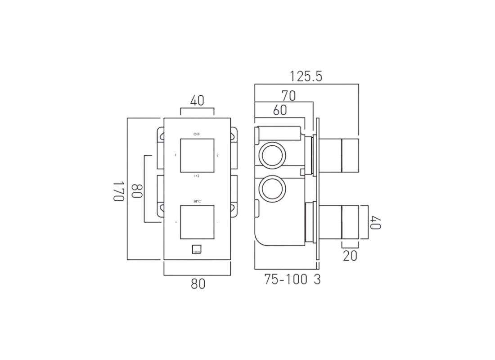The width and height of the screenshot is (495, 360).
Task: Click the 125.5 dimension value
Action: [x=306, y=76]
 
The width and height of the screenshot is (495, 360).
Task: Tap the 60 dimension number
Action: [x=280, y=110]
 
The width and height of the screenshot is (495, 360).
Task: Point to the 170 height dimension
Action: [x=118, y=191]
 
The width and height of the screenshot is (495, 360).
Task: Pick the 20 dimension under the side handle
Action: [x=350, y=256]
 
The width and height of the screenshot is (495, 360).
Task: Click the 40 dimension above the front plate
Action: [x=197, y=101]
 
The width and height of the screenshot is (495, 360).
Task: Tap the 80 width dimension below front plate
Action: [x=198, y=284]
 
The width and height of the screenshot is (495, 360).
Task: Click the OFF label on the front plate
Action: [x=197, y=134]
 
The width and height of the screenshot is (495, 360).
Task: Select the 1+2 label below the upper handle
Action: [x=197, y=177]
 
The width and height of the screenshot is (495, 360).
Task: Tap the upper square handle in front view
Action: [x=197, y=156]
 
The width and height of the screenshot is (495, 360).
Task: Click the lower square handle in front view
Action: [x=197, y=222]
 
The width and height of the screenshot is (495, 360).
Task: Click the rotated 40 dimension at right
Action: [x=376, y=222]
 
